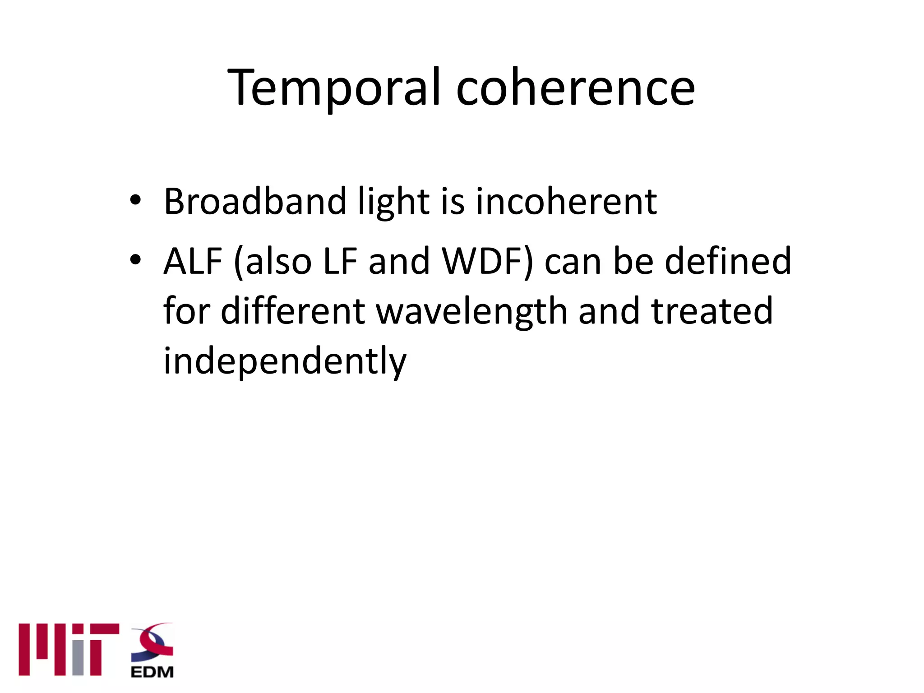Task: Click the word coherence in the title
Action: click(575, 88)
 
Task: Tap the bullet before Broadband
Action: click(135, 200)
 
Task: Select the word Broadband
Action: click(255, 202)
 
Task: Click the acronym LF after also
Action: click(340, 262)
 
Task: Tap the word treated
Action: click(712, 311)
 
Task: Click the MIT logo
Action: click(69, 650)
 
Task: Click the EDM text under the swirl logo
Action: click(152, 672)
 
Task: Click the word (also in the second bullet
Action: click(273, 262)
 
